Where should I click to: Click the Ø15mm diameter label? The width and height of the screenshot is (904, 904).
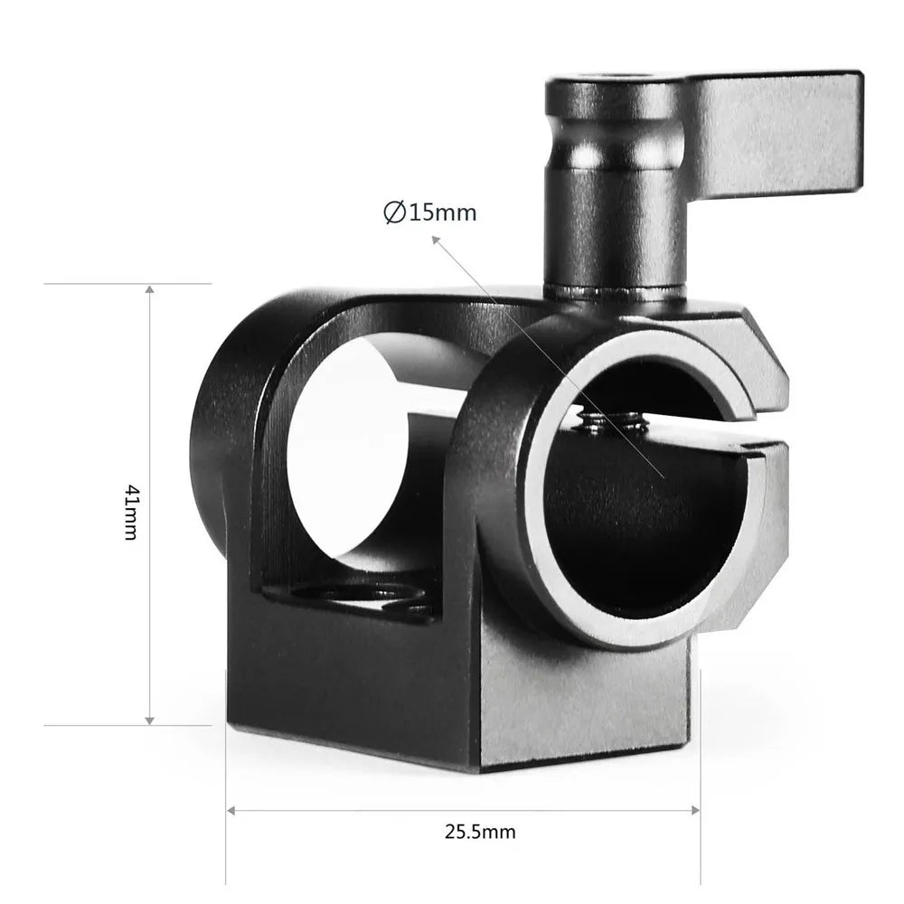(x=429, y=213)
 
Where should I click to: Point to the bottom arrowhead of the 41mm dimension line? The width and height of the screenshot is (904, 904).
(x=150, y=719)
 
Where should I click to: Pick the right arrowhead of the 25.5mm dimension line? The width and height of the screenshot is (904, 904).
(x=695, y=809)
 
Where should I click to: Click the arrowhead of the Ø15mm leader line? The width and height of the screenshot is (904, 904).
(x=436, y=240)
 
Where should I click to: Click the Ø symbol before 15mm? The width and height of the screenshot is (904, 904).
(x=393, y=213)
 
